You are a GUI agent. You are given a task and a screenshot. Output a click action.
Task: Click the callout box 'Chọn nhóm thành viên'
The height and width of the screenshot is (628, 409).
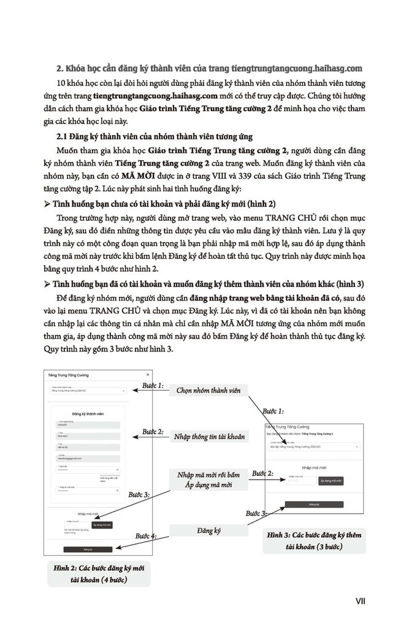(208, 390)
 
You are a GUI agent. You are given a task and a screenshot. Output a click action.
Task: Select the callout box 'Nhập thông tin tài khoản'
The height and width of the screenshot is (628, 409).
(209, 436)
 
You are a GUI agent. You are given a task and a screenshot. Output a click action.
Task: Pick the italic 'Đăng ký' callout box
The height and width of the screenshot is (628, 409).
(208, 530)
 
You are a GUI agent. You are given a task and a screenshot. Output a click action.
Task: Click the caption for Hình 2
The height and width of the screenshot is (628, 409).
(99, 573)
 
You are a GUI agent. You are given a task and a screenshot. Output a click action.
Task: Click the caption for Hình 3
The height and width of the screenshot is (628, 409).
(314, 540)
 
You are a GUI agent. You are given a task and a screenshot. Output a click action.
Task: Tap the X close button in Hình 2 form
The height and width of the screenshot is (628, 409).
(148, 374)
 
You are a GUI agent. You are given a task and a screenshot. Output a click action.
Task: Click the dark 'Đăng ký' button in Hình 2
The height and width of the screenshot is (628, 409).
(88, 549)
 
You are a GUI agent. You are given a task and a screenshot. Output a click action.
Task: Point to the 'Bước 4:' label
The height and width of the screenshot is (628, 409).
(145, 535)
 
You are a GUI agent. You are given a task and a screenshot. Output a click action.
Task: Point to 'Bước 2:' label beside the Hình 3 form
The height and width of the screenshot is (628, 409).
(262, 473)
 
